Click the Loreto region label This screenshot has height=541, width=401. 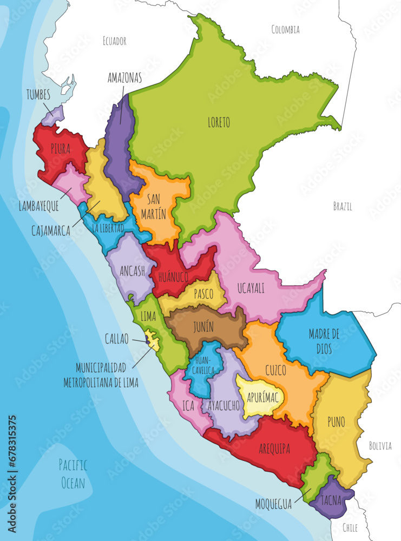click(x=218, y=123)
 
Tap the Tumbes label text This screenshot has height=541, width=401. click(x=38, y=95)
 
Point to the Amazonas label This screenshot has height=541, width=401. click(x=124, y=78)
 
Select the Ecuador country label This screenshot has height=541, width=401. click(x=114, y=41)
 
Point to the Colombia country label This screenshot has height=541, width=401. click(x=285, y=29)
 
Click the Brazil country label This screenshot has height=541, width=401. click(x=343, y=206)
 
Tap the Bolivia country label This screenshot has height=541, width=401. click(x=380, y=446)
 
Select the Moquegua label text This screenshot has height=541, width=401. click(x=273, y=504)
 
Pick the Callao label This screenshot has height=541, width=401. click(x=117, y=339)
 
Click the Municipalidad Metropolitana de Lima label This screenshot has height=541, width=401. click(x=108, y=375)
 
